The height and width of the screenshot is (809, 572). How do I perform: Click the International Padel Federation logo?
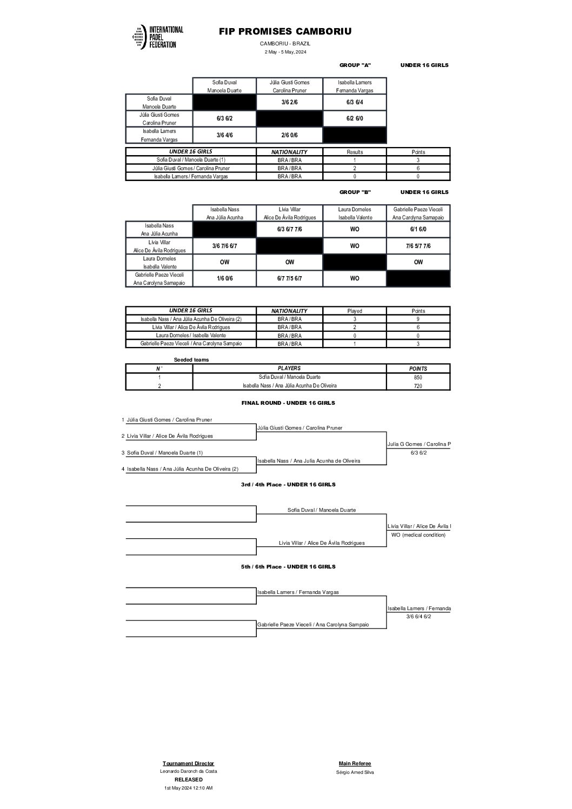[157, 37]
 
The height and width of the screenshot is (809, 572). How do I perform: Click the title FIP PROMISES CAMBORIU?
[285, 32]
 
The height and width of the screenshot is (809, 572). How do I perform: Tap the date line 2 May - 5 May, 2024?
[285, 52]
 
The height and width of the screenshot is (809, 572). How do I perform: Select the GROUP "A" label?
[355, 65]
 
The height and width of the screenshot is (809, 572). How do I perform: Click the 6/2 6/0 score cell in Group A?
[355, 118]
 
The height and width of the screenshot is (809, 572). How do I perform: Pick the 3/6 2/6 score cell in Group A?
[290, 102]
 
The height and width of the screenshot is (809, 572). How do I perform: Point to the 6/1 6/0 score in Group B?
[418, 230]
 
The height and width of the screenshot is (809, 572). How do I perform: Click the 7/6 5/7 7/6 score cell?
[418, 246]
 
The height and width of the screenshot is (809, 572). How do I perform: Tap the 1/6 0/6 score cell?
[224, 279]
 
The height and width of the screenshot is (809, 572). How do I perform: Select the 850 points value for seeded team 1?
[418, 378]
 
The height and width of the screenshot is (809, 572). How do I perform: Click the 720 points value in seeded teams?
[418, 386]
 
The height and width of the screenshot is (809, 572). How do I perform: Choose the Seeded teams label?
[191, 360]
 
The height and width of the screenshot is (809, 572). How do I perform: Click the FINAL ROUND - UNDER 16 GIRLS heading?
[288, 403]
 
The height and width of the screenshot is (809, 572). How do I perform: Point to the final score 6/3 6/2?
[418, 453]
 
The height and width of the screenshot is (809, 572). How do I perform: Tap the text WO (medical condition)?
[418, 535]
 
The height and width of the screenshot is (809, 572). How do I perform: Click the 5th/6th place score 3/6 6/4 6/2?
[418, 617]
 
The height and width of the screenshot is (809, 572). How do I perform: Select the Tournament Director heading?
[188, 764]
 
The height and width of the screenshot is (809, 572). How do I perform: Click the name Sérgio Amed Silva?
[355, 772]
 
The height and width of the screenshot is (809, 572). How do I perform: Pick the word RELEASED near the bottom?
[188, 780]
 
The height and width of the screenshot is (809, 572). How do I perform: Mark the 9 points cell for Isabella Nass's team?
[418, 319]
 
